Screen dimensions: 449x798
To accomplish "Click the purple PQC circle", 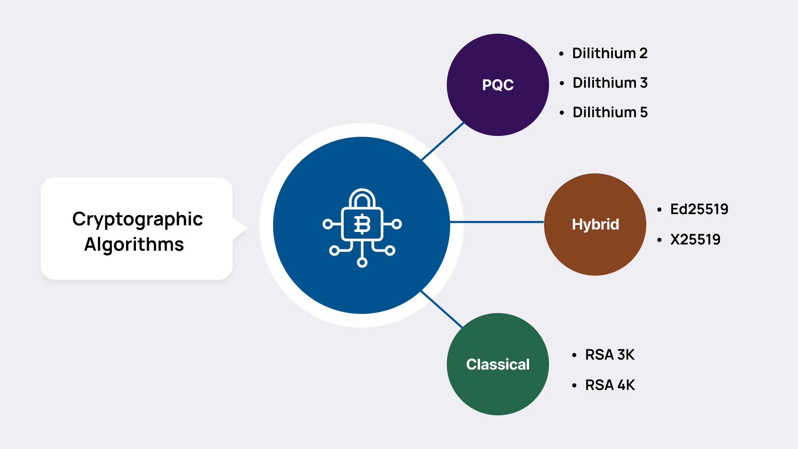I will pos(498,85).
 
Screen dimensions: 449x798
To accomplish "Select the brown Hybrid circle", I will pos(595,224).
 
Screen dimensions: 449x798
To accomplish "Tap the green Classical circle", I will pos(498,364).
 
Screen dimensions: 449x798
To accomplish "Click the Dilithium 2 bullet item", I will pos(609,53).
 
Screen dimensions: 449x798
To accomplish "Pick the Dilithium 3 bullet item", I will pos(609,83).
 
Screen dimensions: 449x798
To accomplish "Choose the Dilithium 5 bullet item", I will pos(609,112).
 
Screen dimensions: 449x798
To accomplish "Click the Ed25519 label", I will pos(699,209).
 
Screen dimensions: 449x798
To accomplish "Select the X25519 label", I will pos(695,239).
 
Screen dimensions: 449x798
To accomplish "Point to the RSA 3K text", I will pos(609,355).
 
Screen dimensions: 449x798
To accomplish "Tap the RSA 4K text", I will pos(609,385).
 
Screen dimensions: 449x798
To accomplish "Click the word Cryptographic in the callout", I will pos(137,219).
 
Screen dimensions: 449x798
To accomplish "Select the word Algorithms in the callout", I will pos(134,244).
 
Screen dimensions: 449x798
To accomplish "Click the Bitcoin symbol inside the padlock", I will pos(362,224).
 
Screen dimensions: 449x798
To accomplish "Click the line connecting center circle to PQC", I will pos(443,141).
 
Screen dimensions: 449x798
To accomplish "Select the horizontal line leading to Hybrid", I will pos(497,222).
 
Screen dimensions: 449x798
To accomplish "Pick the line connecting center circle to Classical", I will pos(441,309).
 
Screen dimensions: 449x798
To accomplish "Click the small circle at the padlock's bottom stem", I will pos(362,262).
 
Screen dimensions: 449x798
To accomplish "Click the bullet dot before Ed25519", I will pos(659,210).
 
